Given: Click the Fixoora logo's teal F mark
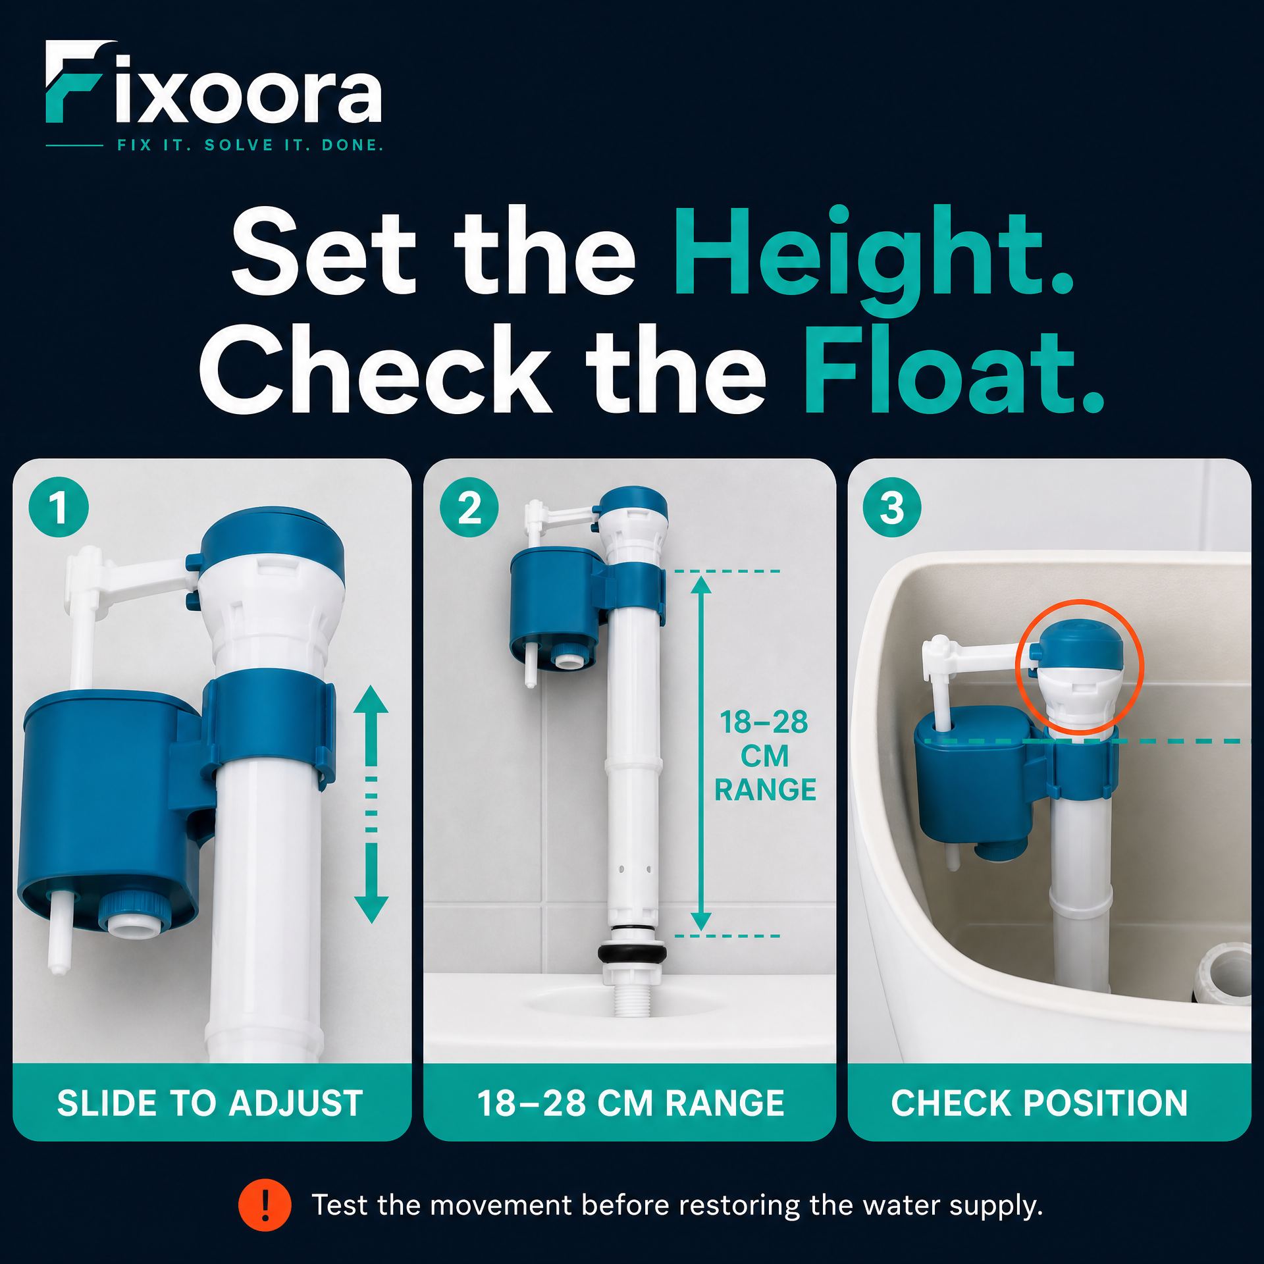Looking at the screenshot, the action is [72, 82].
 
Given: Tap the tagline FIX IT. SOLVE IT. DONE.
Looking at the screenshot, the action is [250, 145].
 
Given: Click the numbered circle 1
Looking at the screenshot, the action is [59, 507].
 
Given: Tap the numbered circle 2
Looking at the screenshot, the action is [469, 507].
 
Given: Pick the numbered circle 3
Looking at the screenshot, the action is [892, 507].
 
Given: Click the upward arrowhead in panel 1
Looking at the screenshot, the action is [371, 700].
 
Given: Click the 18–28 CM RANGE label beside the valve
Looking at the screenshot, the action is [765, 756].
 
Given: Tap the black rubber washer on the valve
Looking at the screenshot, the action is [632, 952].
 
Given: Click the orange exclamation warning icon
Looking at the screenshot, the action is [265, 1205].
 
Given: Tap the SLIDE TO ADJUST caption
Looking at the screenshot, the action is [210, 1103].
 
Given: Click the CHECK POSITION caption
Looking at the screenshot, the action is [1040, 1103].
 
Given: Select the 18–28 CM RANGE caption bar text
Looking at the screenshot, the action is [631, 1103].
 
